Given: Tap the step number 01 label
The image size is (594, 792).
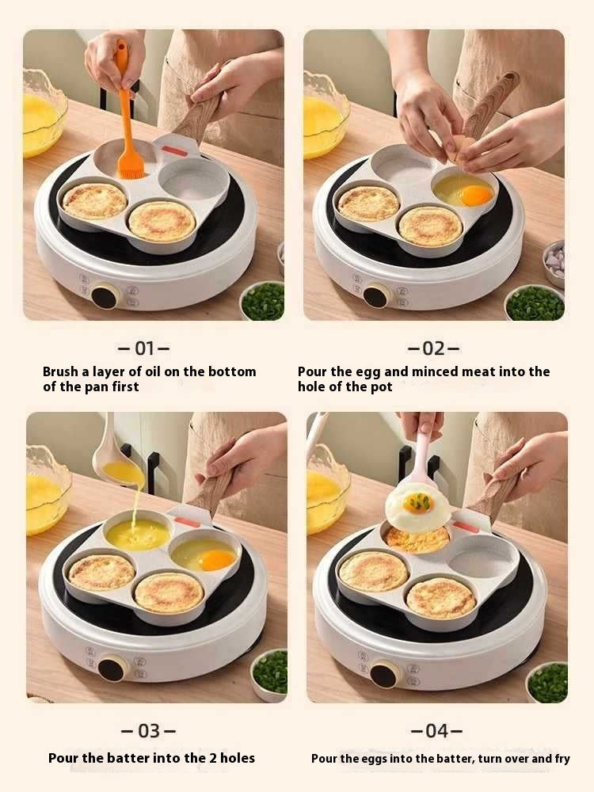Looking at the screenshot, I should click(143, 348).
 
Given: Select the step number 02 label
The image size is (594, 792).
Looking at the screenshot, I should click(433, 348).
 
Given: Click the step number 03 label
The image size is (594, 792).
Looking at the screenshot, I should click(148, 731).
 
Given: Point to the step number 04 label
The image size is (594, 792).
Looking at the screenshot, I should click(436, 731).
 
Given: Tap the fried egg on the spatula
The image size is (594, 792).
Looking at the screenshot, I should click(417, 505).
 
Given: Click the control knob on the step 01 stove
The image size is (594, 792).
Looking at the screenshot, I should click(105, 297).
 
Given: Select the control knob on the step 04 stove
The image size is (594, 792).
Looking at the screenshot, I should click(386, 674).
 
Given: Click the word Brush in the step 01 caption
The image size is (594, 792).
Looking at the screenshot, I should click(60, 371).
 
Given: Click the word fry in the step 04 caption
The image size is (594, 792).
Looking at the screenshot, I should click(562, 759).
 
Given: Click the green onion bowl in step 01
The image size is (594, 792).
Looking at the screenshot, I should click(263, 301).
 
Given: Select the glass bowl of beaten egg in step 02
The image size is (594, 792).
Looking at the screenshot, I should click(325, 115).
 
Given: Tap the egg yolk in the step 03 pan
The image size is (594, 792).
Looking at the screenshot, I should click(216, 560).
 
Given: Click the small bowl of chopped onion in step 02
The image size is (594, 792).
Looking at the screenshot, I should click(554, 262).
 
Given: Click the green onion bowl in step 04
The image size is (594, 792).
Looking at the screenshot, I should click(547, 682).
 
